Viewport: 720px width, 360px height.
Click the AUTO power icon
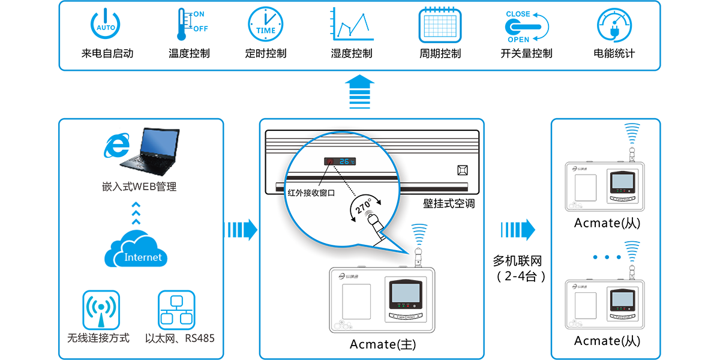(x=106, y=25)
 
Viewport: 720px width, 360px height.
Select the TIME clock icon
(x=265, y=25)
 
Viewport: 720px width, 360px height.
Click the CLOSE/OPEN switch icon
(x=526, y=26)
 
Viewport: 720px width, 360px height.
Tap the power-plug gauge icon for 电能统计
(x=614, y=25)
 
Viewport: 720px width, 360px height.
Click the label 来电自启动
(x=107, y=53)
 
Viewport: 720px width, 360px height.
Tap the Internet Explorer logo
(x=116, y=146)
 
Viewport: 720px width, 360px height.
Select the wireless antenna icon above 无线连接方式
(x=101, y=310)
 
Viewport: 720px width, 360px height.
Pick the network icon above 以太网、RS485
(x=177, y=310)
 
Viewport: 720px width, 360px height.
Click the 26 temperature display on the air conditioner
(x=346, y=161)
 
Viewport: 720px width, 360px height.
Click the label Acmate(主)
(x=383, y=344)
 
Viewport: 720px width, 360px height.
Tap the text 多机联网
(x=517, y=261)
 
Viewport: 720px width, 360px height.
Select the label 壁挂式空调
(x=448, y=203)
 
